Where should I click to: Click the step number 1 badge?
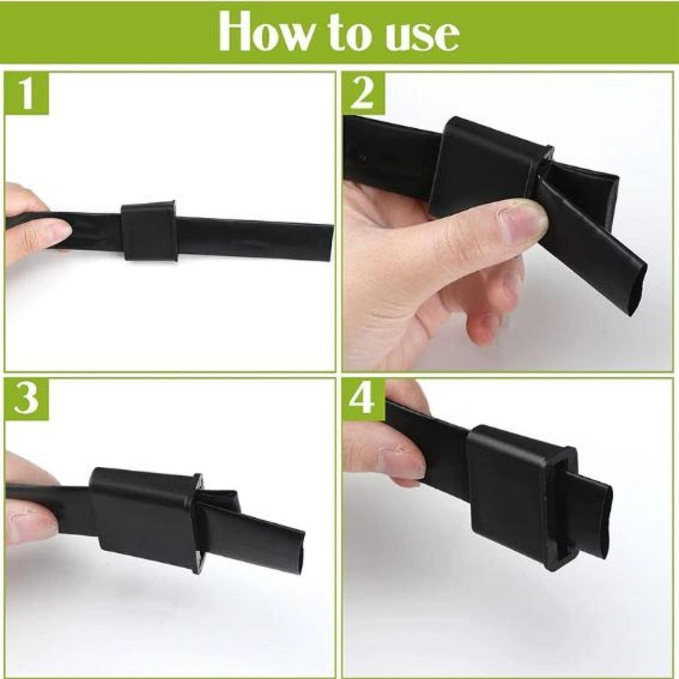pyautogui.click(x=27, y=93)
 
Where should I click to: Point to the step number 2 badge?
pyautogui.click(x=363, y=93)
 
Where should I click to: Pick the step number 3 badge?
pyautogui.click(x=27, y=399)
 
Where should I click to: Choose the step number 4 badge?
pyautogui.click(x=363, y=399)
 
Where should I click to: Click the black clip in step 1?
pyautogui.click(x=149, y=231)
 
